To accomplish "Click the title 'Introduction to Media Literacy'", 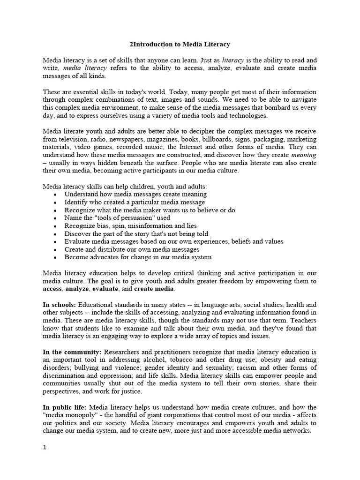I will [180, 44].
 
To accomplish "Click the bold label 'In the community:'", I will [72, 352].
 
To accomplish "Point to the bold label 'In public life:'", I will [65, 407].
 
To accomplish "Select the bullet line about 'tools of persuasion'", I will [117, 217].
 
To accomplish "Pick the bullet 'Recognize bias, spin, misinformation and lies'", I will [130, 225].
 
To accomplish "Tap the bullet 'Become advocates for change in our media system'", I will [138, 257].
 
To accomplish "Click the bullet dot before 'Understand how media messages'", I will [56, 194].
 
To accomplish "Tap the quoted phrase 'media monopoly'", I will [69, 415].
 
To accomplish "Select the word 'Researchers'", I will [124, 352].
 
